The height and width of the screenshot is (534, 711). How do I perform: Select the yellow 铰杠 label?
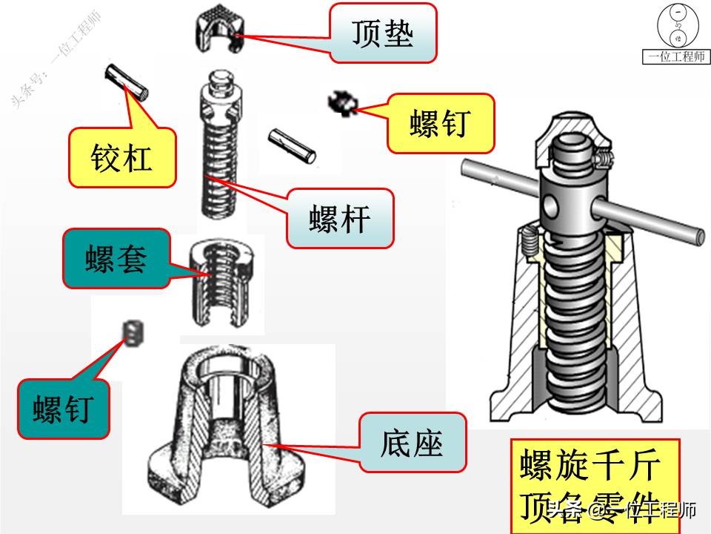coord(122,157)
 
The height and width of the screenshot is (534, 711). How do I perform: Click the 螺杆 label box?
coord(341,220)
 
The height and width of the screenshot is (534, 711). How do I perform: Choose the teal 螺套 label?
coord(116,259)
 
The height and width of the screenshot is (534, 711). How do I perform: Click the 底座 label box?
coord(413,443)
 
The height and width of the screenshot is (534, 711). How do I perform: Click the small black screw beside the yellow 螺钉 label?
coord(343,103)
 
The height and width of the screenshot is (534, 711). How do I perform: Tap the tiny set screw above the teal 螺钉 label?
coord(134,332)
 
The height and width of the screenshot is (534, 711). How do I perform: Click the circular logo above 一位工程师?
coord(677,27)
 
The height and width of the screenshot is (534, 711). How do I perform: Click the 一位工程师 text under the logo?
coord(676,57)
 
